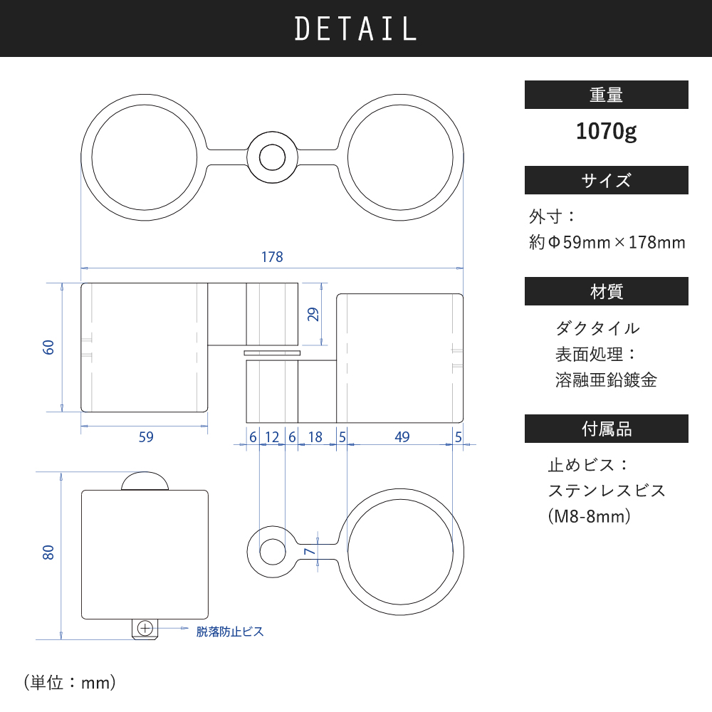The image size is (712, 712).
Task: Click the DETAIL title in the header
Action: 355,28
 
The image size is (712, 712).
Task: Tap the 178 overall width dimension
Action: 272,257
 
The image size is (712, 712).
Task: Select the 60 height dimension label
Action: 48,347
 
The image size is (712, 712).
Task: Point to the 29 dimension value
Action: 313,314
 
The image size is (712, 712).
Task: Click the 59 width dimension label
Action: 146,437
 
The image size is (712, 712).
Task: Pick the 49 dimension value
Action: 402,437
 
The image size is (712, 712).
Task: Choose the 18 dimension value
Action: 315,437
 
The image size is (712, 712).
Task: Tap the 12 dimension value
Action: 271,437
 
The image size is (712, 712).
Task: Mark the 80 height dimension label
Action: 48,553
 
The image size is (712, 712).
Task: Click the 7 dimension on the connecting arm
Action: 310,551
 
